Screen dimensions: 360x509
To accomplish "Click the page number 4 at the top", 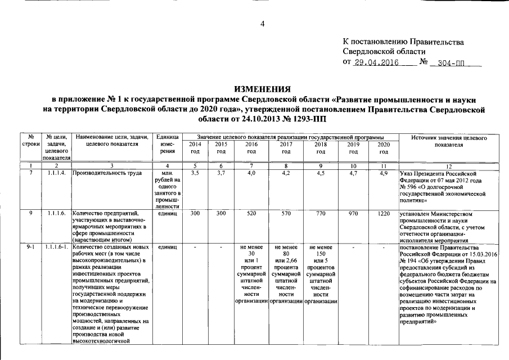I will pos(262,23).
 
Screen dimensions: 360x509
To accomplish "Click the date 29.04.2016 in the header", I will pos(376,62).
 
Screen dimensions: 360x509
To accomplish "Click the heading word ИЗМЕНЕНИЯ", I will pos(263,89).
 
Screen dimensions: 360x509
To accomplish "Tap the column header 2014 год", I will pos(195,148).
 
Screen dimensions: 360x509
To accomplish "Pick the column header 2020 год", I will pos(384,148).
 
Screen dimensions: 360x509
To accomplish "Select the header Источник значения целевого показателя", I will pos(448,141).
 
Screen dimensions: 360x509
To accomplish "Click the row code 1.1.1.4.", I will pos(56,173).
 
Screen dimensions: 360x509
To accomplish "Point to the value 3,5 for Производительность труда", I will pos(195,173).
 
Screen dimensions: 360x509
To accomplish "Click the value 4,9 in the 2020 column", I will pos(384,173).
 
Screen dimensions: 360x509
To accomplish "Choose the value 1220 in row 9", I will pos(384,214).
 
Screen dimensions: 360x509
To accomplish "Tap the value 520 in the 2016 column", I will pos(251,214).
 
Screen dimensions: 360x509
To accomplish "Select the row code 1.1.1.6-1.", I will pos(56,247).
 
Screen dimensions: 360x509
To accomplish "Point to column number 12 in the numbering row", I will pos(448,165).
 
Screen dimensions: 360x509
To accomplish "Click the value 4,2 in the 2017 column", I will pos(286,173).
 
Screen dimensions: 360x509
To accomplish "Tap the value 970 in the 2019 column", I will pos(353,214).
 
